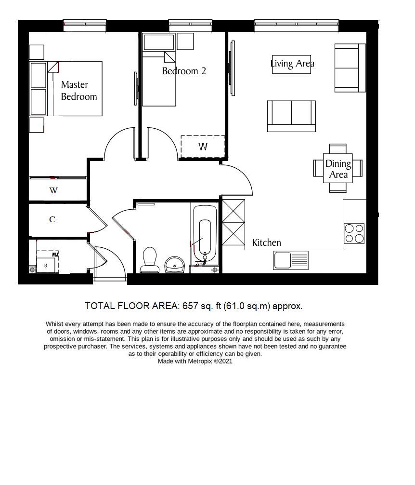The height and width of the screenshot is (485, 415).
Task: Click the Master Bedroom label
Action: pos(78,91)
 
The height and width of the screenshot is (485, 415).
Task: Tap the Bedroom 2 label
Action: pos(184,71)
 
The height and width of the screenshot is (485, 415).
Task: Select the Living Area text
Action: pos(292,64)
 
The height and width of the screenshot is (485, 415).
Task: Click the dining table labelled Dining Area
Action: pos(338,169)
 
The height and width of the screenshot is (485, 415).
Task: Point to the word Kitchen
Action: pos(266,242)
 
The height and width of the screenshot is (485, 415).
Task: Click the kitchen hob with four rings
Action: pos(354,233)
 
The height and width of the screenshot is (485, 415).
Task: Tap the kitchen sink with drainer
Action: pos(291,261)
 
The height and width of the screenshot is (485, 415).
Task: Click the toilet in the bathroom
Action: pos(150,260)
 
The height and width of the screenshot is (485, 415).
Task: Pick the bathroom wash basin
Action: pos(174,264)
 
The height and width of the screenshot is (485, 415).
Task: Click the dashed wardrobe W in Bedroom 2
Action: pos(203,147)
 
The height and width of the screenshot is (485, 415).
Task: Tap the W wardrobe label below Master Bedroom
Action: pos(53,190)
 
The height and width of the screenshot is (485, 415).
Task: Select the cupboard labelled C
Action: pos(52,220)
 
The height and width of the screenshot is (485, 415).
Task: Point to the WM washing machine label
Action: pos(55,254)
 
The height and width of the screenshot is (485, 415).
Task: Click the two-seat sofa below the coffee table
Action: pos(291,116)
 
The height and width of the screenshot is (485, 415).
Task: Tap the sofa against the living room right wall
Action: pos(347,67)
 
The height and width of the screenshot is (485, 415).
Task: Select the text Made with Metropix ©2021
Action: pos(195,361)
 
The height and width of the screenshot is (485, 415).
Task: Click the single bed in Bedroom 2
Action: pos(159,80)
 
